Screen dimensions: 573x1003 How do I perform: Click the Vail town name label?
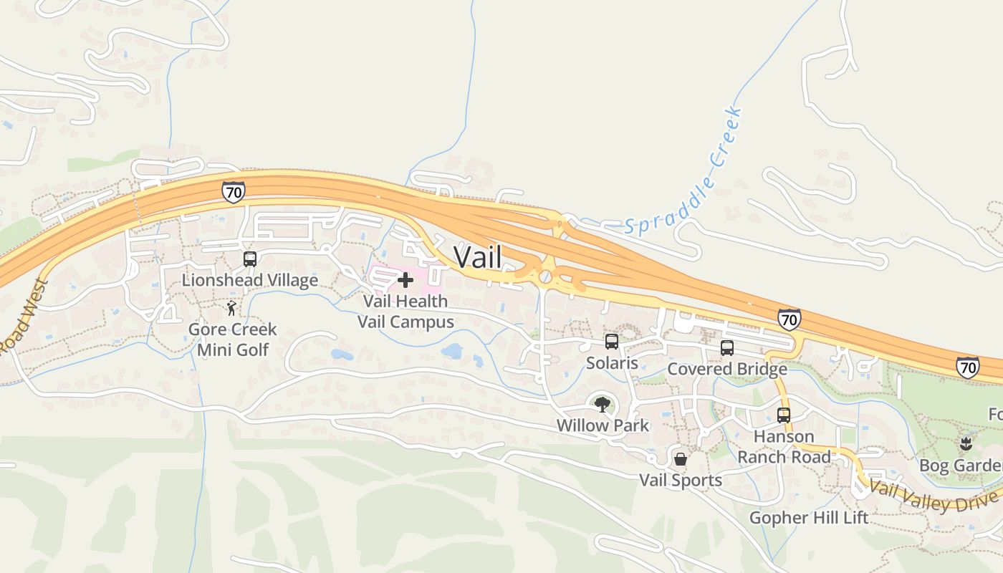(478, 257)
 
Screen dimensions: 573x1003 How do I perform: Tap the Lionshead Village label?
(249, 280)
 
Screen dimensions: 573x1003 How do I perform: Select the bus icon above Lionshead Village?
(249, 259)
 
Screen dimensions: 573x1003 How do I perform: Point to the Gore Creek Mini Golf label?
(232, 340)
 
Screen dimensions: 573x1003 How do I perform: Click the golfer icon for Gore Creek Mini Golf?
(231, 309)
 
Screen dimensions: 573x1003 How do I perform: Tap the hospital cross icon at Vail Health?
(405, 280)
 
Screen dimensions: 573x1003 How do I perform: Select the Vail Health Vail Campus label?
(405, 312)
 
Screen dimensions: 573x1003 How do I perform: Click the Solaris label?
(612, 363)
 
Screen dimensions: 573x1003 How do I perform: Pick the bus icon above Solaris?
(612, 342)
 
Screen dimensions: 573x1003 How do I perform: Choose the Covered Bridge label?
(726, 369)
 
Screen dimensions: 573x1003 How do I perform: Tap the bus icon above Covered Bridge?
(726, 348)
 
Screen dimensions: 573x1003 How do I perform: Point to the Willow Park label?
(603, 425)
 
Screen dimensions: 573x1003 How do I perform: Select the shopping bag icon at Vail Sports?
(681, 458)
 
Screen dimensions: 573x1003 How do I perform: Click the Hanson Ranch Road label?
(784, 446)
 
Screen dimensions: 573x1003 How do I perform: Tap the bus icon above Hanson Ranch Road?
(784, 415)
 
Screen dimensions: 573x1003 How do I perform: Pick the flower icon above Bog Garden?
(966, 444)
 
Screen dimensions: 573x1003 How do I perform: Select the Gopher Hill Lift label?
(809, 517)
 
